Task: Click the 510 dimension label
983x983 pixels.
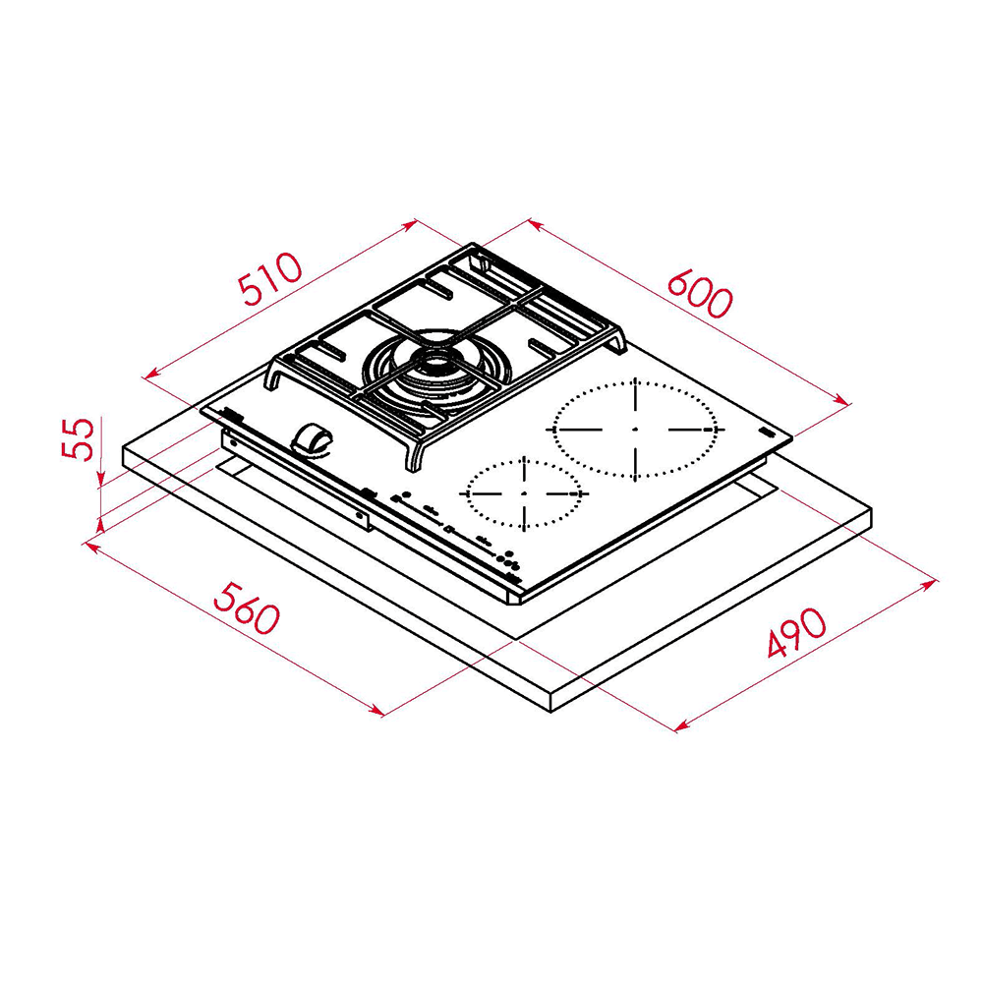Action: click(271, 278)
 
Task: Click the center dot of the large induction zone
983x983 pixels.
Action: click(635, 430)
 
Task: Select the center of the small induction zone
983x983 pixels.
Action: click(524, 491)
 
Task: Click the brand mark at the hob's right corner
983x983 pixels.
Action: click(767, 433)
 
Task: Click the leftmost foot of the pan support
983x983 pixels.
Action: click(268, 387)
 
